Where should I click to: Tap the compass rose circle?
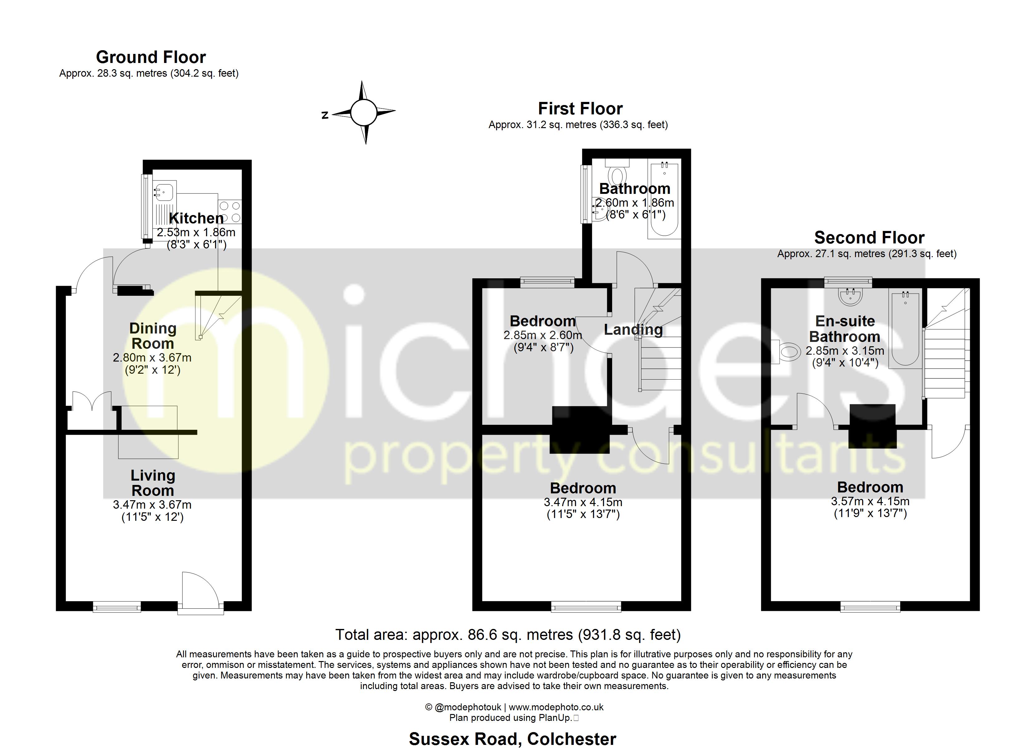click(x=363, y=113)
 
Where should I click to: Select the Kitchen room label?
click(x=196, y=218)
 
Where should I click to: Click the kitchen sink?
click(x=164, y=191)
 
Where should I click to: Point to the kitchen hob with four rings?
click(x=230, y=212)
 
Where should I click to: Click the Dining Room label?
click(x=153, y=336)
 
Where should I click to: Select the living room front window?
click(x=117, y=607)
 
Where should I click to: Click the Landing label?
click(x=633, y=330)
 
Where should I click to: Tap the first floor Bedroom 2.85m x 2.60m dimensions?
click(x=543, y=336)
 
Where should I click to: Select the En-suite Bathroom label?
click(x=844, y=329)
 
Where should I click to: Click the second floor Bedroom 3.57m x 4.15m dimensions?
click(x=870, y=501)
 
